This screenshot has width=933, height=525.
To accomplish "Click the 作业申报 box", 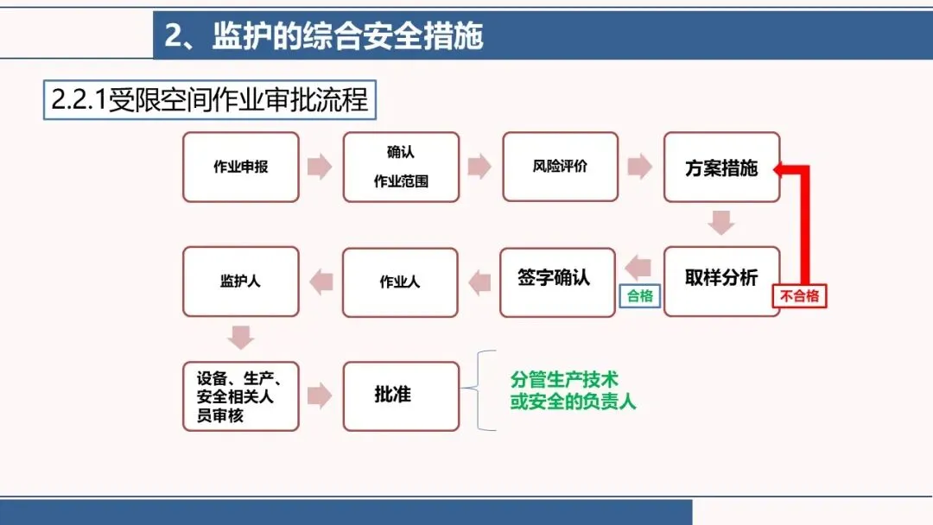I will click(240, 167).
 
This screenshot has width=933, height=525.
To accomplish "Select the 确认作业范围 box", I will click(401, 167).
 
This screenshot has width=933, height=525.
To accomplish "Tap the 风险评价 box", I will click(560, 167).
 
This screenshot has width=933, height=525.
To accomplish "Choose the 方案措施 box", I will click(721, 167).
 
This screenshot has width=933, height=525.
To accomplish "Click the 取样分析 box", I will click(721, 281).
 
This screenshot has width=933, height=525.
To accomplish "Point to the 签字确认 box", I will click(557, 281).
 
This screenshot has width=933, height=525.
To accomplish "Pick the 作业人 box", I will click(400, 281).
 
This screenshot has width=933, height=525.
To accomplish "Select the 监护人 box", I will click(240, 281).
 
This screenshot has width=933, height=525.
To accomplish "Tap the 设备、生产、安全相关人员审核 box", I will click(240, 395).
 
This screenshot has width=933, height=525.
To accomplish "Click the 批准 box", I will click(400, 395).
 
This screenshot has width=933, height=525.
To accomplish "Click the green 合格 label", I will click(640, 296).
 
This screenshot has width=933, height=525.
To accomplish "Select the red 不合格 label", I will click(798, 296).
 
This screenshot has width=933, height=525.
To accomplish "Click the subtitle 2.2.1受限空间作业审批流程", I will click(210, 100).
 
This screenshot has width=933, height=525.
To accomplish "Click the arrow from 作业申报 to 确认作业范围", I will click(320, 167).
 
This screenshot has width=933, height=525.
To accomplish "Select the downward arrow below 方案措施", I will click(721, 222).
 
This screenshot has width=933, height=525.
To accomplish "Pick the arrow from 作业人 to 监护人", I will click(321, 281).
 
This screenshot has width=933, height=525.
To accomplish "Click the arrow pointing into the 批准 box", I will click(320, 395).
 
